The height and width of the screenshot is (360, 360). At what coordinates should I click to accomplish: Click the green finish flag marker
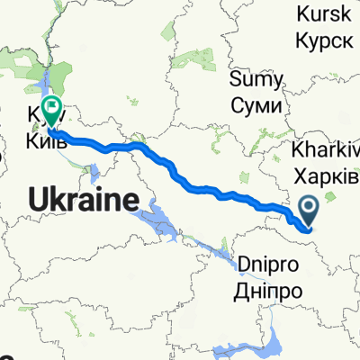click(51, 110)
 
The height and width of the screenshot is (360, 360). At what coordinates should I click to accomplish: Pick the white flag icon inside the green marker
click(51, 108)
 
